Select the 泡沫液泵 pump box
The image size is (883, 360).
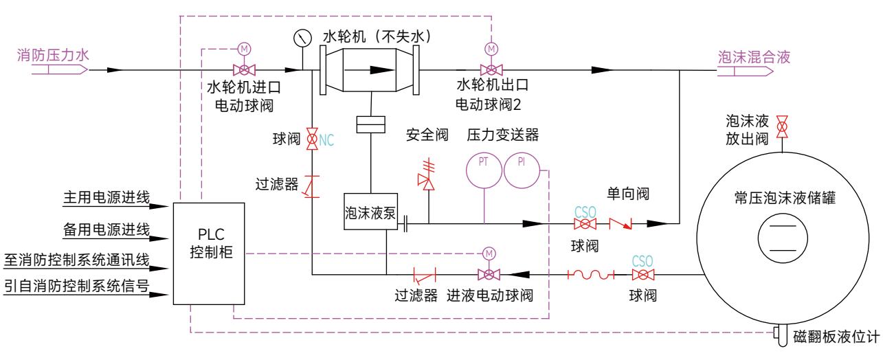(370, 212)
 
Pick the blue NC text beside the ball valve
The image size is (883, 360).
(326, 140)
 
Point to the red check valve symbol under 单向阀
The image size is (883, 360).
(621, 224)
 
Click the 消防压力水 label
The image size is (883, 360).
(53, 55)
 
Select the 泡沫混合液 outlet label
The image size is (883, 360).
(754, 57)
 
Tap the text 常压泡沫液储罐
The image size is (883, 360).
(785, 198)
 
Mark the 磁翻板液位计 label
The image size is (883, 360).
(836, 337)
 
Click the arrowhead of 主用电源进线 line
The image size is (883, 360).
(159, 206)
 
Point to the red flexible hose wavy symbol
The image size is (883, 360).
(591, 274)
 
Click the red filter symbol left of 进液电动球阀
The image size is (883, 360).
(425, 275)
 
